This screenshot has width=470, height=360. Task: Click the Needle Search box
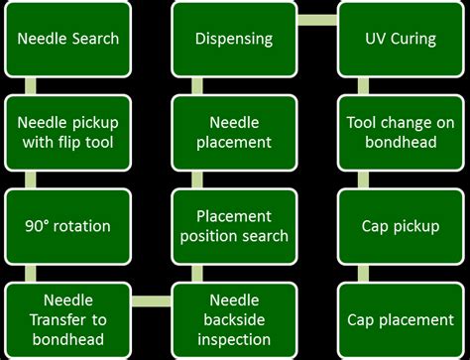68,39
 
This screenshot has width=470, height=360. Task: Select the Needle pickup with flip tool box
68,132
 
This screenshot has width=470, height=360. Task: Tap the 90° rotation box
68,226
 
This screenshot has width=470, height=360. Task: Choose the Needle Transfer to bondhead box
68,318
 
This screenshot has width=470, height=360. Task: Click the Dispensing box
234,39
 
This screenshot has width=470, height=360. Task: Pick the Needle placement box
234,132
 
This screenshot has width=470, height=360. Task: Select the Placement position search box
234,226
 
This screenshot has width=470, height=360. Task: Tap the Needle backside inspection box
234,318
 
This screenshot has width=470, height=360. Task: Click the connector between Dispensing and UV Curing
317,20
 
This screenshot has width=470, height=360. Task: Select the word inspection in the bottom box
234,338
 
